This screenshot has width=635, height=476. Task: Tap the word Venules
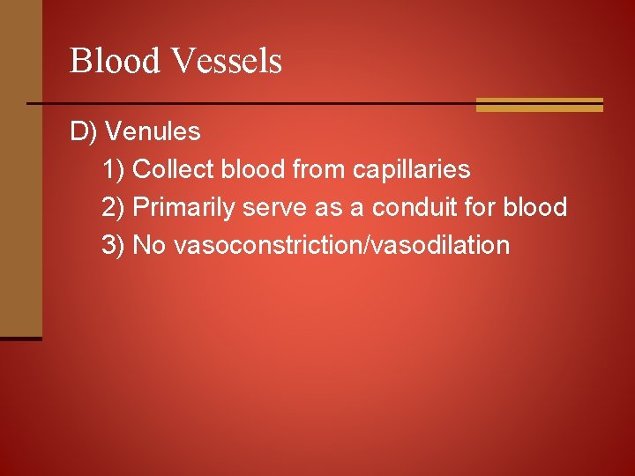click(x=153, y=132)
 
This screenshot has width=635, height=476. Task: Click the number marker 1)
click(x=114, y=169)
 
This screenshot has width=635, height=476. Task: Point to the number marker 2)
click(x=114, y=207)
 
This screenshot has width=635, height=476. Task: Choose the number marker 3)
click(x=114, y=244)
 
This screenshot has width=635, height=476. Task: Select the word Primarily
click(x=185, y=207)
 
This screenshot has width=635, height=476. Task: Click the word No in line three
click(x=149, y=244)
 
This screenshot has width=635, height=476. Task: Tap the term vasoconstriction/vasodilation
click(x=342, y=244)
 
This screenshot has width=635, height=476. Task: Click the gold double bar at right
click(x=539, y=105)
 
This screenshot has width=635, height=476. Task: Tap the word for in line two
click(x=483, y=207)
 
